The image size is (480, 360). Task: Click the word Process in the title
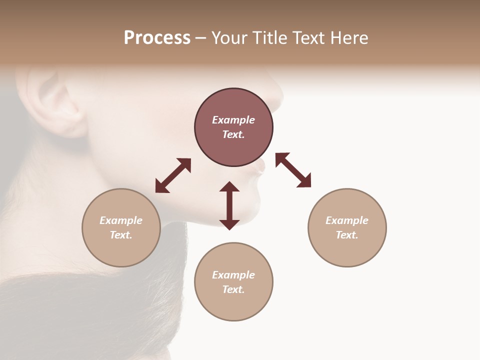[157, 38]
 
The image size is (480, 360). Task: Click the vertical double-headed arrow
[229, 205]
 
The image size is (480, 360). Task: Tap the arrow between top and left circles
[173, 175]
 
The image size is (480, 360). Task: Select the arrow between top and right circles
[293, 170]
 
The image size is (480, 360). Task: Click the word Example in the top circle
[233, 120]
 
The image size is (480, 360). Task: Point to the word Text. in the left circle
[121, 235]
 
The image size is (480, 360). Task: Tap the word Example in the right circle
[347, 220]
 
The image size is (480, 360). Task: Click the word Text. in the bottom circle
[233, 289]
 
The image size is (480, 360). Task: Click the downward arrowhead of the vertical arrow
[229, 224]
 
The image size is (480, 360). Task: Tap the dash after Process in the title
[201, 38]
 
